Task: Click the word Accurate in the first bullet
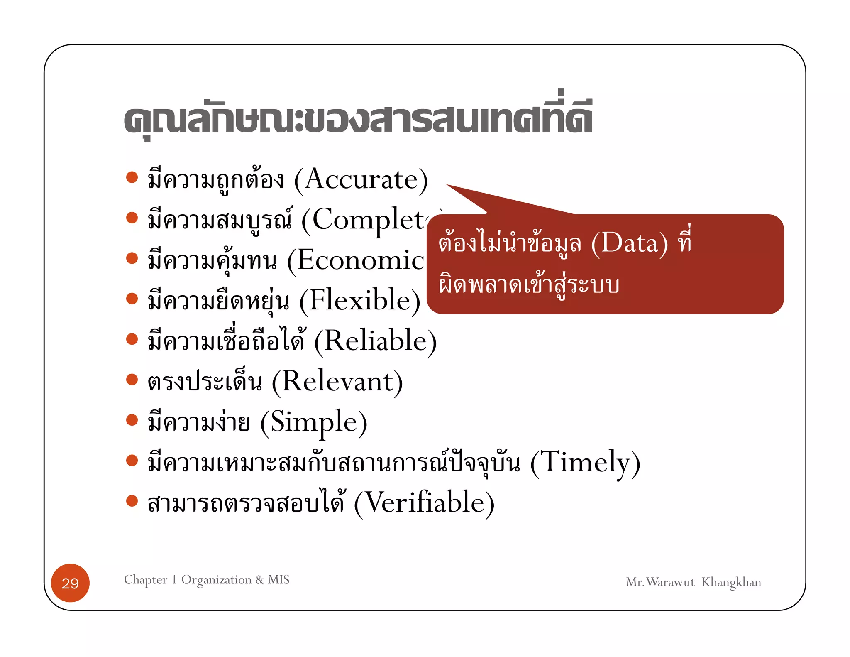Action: point(361,180)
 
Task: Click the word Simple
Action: point(314,422)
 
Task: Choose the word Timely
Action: point(585,462)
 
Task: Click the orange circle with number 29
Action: point(70,583)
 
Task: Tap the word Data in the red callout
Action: point(629,243)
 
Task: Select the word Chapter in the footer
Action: point(146,580)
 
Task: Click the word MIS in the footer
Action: point(278,579)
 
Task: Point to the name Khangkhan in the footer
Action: point(731,582)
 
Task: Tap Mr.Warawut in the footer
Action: point(660,582)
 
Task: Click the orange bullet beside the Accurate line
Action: point(132,177)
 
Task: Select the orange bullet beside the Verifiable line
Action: point(132,501)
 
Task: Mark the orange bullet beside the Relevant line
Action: point(132,380)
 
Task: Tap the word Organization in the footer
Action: point(216,580)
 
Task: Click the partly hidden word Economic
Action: point(360,261)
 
